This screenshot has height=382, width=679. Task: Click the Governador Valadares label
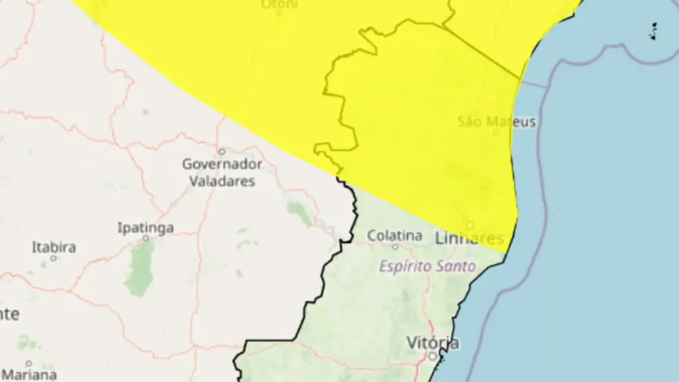pyautogui.click(x=222, y=172)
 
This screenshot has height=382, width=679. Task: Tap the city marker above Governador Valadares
pyautogui.click(x=222, y=151)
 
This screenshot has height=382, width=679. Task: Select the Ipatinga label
pyautogui.click(x=146, y=228)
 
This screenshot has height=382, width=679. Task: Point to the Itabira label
pyautogui.click(x=54, y=247)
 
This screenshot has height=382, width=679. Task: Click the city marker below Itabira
pyautogui.click(x=54, y=258)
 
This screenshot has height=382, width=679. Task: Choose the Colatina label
pyautogui.click(x=395, y=235)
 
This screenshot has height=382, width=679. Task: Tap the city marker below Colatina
pyautogui.click(x=395, y=247)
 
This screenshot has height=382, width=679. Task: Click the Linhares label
pyautogui.click(x=469, y=238)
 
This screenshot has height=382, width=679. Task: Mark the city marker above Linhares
pyautogui.click(x=469, y=225)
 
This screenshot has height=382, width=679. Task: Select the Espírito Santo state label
pyautogui.click(x=427, y=267)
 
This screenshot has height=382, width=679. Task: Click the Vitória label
pyautogui.click(x=432, y=343)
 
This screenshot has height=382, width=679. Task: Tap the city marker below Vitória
pyautogui.click(x=432, y=356)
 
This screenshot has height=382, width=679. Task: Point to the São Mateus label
pyautogui.click(x=497, y=122)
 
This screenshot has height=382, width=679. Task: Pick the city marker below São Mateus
pyautogui.click(x=495, y=133)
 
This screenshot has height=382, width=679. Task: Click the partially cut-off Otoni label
pyautogui.click(x=279, y=4)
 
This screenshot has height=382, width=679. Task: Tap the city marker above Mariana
pyautogui.click(x=29, y=363)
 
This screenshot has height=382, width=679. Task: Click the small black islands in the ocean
pyautogui.click(x=653, y=31)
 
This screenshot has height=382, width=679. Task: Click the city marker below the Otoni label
pyautogui.click(x=280, y=13)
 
